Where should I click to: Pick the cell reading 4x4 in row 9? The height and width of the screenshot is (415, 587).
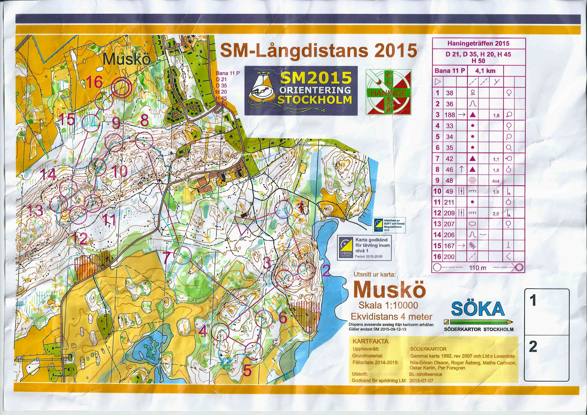495,181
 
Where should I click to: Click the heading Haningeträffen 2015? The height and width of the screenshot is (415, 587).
478,44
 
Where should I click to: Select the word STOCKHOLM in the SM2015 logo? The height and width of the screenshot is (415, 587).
314,100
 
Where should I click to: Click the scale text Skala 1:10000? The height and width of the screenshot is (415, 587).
388,305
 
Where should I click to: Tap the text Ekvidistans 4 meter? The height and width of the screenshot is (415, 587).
391,317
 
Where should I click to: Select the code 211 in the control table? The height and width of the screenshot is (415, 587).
449,202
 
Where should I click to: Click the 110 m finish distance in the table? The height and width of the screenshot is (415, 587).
478,268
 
